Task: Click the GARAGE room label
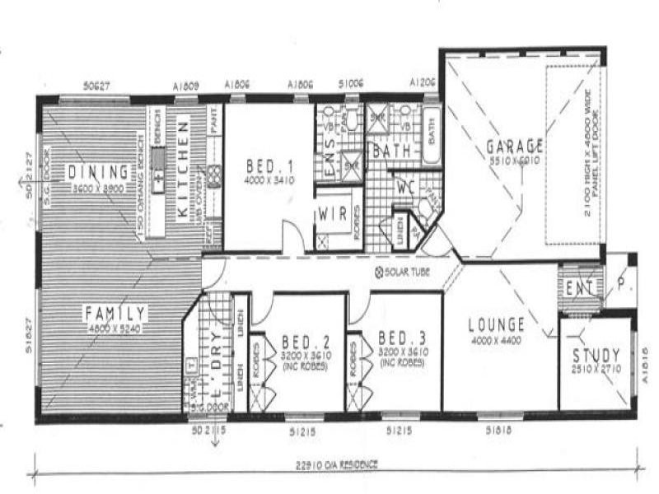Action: point(514,147)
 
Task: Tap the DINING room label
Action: point(98,172)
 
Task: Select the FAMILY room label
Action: point(115,313)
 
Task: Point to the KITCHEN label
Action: point(185,169)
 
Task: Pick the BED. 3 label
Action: point(401,338)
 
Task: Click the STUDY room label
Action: point(596,356)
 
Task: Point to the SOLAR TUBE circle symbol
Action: point(379,272)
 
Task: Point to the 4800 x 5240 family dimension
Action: point(115,328)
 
